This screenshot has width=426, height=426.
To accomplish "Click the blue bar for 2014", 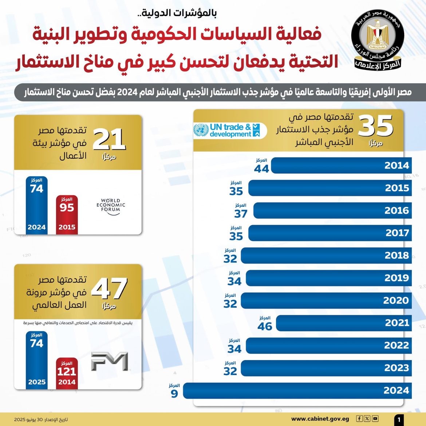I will (x=341, y=165).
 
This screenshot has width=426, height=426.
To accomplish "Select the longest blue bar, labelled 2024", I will (x=297, y=391).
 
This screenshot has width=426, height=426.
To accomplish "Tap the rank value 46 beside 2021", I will (x=265, y=326).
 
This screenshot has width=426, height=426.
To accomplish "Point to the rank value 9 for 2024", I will (x=174, y=394).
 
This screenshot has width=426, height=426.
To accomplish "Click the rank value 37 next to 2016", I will (x=241, y=214).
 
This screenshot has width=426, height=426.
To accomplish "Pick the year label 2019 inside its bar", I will (x=397, y=278).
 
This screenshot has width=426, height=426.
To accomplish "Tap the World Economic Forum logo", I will (x=111, y=206).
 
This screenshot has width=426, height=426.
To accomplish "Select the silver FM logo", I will (x=110, y=361).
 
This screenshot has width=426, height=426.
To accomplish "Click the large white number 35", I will (x=376, y=126).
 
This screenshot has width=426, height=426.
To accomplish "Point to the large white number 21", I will (x=109, y=140).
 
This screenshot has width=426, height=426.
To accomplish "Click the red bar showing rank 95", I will (x=67, y=215).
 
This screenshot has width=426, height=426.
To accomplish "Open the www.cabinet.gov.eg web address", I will (x=320, y=419).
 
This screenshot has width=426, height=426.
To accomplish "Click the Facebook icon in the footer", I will (x=359, y=419).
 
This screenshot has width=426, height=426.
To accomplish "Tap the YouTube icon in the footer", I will (x=375, y=419).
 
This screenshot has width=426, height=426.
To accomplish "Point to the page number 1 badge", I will (x=399, y=419).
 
